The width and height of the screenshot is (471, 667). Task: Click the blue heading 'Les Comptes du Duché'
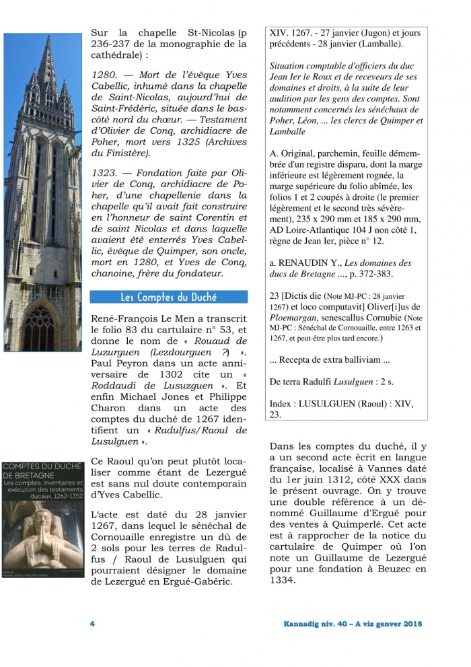tap(169, 297)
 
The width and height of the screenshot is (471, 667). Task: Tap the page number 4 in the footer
tap(92, 624)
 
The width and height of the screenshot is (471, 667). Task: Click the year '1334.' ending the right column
tap(283, 580)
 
